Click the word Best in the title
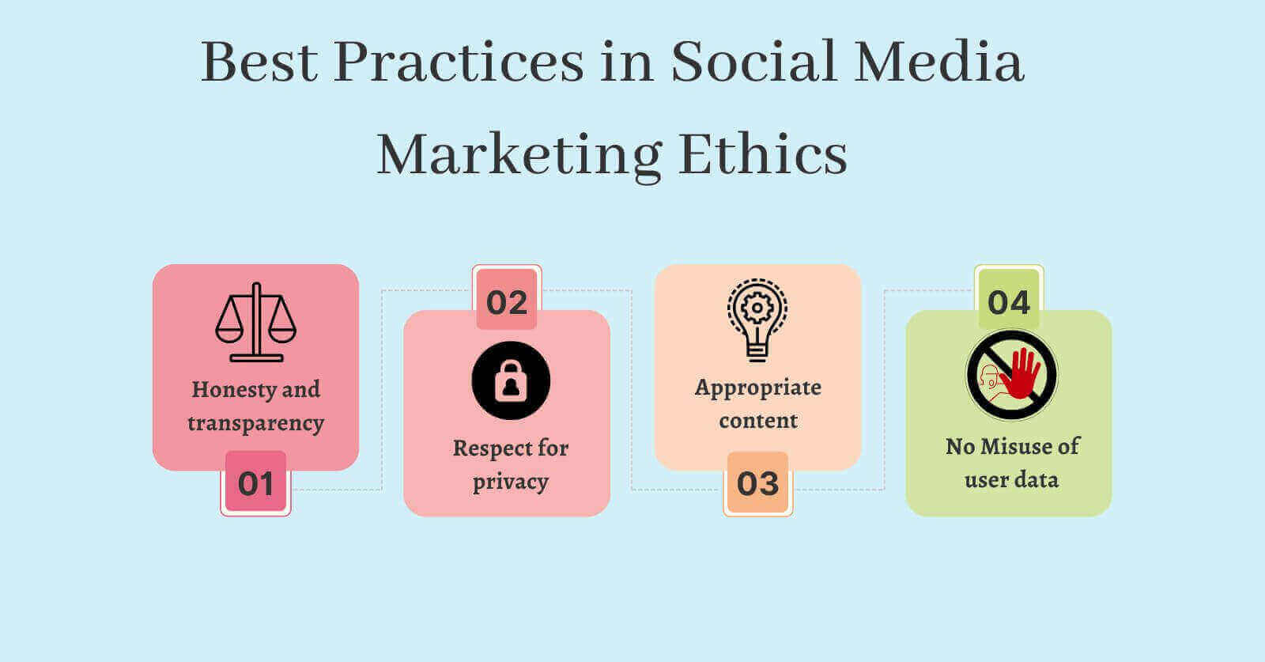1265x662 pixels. [x=259, y=62]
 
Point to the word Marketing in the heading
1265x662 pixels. [x=519, y=155]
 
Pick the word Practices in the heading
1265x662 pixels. [x=459, y=62]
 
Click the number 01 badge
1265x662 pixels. [x=255, y=482]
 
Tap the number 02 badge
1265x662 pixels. [x=506, y=302]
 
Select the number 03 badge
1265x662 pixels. [x=757, y=482]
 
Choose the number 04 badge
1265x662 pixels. [x=1009, y=302]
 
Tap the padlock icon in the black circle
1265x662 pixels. [x=511, y=380]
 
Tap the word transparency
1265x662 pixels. [x=255, y=423]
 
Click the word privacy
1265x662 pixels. [x=511, y=482]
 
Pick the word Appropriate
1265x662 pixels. [x=757, y=388]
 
